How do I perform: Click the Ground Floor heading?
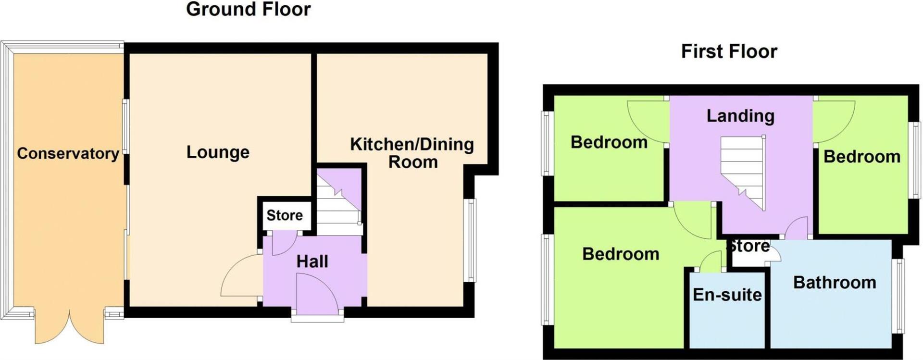248,10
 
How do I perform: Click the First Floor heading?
729,51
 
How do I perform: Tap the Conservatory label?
68,154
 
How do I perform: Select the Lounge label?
218,152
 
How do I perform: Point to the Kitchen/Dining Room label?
412,153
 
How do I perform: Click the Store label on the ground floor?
285,215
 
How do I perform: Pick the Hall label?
312,261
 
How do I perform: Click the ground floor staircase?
338,207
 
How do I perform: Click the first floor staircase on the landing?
743,171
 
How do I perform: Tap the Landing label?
740,116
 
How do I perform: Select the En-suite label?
727,295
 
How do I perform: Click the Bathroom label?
835,283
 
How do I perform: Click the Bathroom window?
898,295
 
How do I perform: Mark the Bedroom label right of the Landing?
861,157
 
